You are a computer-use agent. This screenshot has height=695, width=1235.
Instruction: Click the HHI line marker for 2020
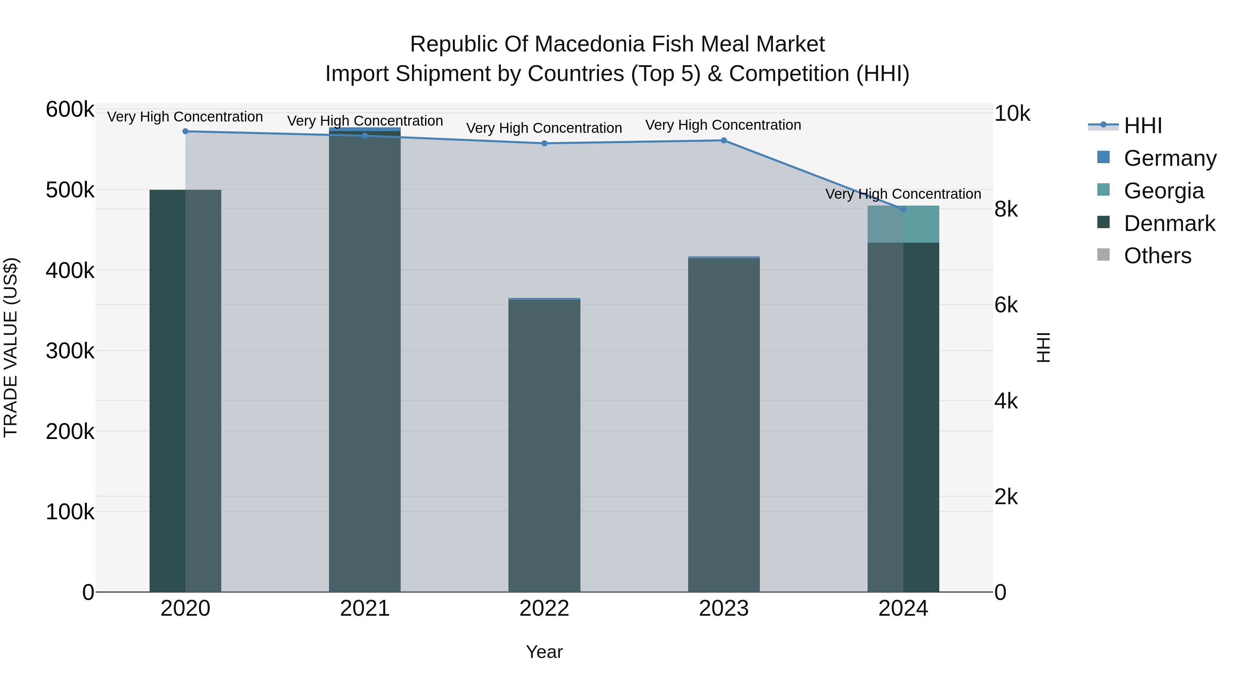[x=186, y=131]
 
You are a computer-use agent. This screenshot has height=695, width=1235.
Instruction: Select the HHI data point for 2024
[x=903, y=209]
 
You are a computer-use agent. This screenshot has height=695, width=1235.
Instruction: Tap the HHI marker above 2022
[x=544, y=143]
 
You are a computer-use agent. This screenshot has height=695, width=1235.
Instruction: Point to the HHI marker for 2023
[x=724, y=140]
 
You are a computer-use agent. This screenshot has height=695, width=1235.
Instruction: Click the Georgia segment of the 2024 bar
[x=903, y=224]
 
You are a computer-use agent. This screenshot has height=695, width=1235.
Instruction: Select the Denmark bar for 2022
[x=544, y=446]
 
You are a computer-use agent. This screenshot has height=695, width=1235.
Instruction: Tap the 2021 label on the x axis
[x=365, y=609]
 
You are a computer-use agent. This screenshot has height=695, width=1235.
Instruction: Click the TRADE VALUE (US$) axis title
[x=11, y=347]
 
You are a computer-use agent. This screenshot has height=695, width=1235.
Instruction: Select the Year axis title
[x=544, y=652]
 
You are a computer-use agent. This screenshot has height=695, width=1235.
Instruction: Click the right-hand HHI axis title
[x=1043, y=347]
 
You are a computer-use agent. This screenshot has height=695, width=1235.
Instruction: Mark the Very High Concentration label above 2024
[x=903, y=194]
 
